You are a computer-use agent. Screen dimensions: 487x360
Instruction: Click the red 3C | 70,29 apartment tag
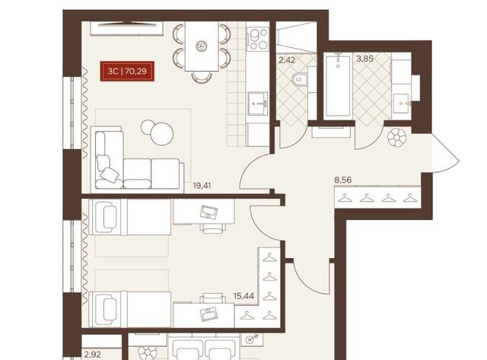(127, 71)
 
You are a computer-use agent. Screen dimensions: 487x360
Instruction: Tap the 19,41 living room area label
(202, 186)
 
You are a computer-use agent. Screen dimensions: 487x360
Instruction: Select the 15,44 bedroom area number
(243, 296)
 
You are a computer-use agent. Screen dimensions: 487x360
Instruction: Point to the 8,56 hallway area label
(343, 180)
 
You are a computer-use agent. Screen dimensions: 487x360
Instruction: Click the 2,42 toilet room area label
(286, 59)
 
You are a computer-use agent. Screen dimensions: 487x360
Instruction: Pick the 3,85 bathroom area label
(364, 59)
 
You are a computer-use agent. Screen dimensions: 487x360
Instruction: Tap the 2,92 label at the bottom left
(92, 354)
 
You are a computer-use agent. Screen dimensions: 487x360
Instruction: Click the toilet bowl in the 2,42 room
(300, 79)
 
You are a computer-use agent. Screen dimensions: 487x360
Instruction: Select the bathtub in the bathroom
(338, 86)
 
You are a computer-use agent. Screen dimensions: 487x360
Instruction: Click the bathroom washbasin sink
(402, 103)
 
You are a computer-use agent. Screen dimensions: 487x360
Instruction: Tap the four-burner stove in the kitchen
(258, 39)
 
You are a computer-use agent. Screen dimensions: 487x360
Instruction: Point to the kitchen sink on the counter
(257, 104)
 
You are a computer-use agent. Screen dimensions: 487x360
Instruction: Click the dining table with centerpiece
(202, 46)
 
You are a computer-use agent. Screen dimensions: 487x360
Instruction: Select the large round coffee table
(161, 133)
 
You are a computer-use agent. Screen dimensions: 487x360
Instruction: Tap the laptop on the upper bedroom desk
(208, 212)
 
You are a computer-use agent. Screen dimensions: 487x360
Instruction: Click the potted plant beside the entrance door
(397, 137)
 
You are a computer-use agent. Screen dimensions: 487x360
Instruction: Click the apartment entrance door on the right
(446, 153)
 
